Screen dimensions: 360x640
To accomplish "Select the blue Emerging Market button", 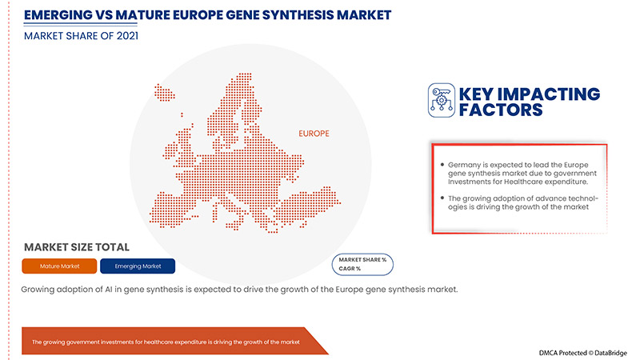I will [138, 266].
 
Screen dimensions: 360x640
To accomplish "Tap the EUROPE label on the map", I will [314, 134].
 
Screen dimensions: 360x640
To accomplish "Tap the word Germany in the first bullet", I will [466, 164].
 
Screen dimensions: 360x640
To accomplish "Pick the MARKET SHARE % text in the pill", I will [362, 259].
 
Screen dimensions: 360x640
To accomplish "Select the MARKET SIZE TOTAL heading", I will [77, 247].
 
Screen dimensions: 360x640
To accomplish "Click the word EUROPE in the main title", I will [197, 14].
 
